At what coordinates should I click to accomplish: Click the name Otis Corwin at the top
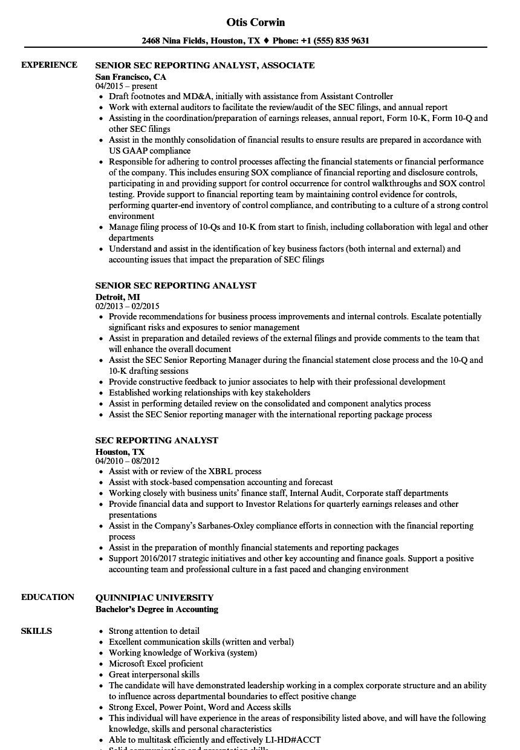pos(255,22)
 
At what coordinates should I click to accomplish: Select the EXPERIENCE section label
pos(49,65)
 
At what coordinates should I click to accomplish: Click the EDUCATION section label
pos(48,597)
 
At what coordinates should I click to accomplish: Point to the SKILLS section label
pos(36,631)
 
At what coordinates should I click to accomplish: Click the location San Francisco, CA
pos(131,77)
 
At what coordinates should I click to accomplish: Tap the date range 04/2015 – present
pos(126,86)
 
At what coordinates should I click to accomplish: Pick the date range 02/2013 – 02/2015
pos(128,307)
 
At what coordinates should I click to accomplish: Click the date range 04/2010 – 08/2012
pos(128,461)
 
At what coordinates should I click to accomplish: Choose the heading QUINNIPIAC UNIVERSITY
pos(154,597)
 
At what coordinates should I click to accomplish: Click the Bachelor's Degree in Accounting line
pos(157,609)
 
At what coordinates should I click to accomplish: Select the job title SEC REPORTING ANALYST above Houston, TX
pos(157,440)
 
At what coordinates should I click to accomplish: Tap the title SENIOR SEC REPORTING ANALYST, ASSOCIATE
pos(205,65)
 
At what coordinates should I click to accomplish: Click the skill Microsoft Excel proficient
pos(156,664)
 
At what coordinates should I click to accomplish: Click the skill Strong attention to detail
pos(154,631)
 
